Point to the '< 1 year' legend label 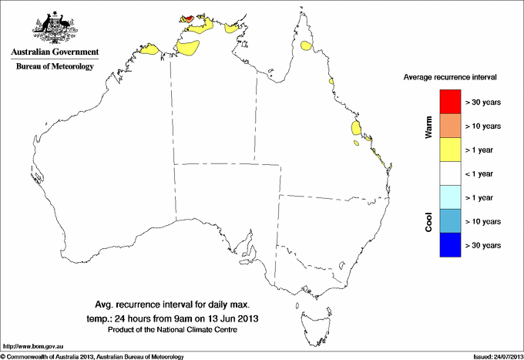(x=484, y=173)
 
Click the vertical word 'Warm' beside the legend (x=428, y=126)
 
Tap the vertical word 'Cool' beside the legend (x=428, y=220)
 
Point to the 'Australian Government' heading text (x=55, y=52)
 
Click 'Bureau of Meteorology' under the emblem (x=55, y=67)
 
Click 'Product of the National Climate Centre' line (x=170, y=329)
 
